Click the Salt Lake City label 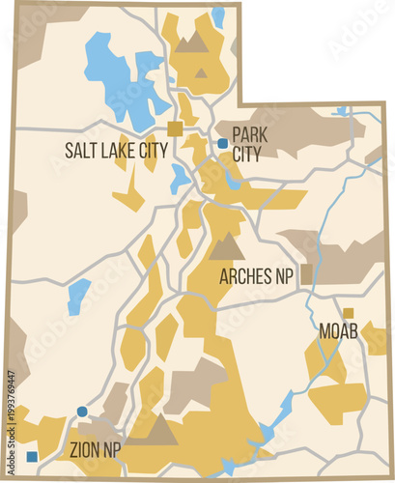click(x=116, y=150)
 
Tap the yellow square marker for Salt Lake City click(x=176, y=128)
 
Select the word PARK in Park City click(x=250, y=134)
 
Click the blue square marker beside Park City click(x=222, y=143)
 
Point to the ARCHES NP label click(x=256, y=276)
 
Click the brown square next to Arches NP click(x=307, y=273)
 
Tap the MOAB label click(x=338, y=331)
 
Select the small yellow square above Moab click(x=349, y=312)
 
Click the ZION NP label click(x=96, y=449)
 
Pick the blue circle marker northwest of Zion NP click(x=82, y=412)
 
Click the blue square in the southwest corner click(x=33, y=456)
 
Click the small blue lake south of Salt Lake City click(x=180, y=178)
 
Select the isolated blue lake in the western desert click(x=78, y=295)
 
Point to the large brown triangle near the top click(x=192, y=42)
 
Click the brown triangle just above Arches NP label click(x=227, y=247)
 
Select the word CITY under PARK click(x=248, y=155)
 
